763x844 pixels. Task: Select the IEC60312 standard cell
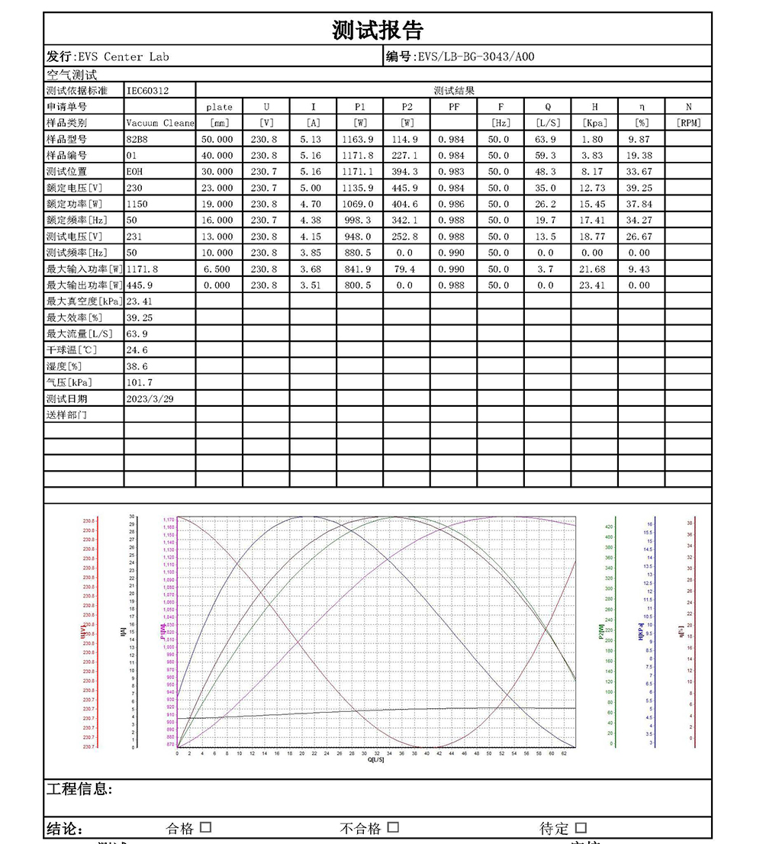click(148, 91)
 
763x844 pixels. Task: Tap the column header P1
click(359, 107)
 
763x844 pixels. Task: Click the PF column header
click(454, 107)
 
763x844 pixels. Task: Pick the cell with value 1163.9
click(359, 139)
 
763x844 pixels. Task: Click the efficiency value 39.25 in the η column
click(639, 188)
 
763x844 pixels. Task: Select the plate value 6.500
click(219, 269)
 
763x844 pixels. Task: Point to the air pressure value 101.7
click(138, 382)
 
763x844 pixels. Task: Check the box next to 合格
click(205, 827)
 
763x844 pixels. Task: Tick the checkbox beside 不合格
click(393, 827)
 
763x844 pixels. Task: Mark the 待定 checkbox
click(581, 828)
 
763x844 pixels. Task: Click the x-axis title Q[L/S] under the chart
click(376, 760)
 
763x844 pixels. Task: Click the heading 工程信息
click(79, 789)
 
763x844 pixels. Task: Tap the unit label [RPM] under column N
click(688, 123)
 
